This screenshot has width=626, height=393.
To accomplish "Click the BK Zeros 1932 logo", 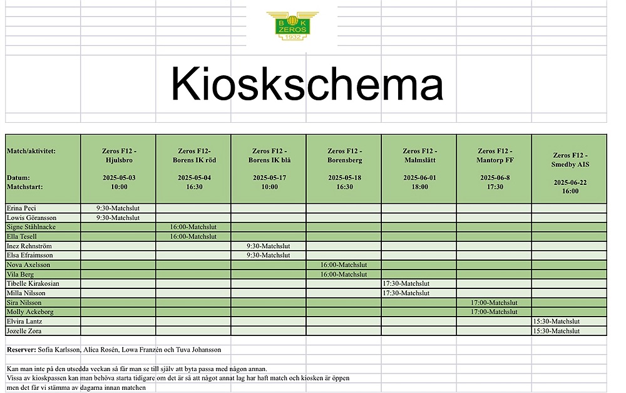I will click(x=292, y=26).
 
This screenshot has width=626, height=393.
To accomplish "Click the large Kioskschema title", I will click(x=307, y=83).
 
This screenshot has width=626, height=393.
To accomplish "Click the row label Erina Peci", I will click(x=22, y=208).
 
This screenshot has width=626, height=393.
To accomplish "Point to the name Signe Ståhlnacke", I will click(x=31, y=227).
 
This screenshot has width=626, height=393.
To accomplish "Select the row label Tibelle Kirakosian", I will click(x=33, y=283).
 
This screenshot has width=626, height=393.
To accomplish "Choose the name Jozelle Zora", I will click(x=25, y=330).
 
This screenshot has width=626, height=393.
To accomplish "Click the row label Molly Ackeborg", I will click(x=30, y=312).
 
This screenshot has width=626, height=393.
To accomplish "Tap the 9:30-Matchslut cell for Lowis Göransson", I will click(x=118, y=217).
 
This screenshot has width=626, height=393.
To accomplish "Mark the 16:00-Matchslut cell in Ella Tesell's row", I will click(x=193, y=236).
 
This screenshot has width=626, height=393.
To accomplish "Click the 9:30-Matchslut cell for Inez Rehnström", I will click(x=269, y=246).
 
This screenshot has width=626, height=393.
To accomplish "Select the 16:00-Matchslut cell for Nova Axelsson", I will click(x=344, y=265).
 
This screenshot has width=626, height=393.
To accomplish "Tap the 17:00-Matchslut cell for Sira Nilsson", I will click(x=495, y=302).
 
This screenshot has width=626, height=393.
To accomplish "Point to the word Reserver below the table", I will click(x=21, y=349).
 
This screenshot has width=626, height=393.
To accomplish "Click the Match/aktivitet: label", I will click(x=31, y=151).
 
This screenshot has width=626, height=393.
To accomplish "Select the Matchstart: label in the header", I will click(x=24, y=186).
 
